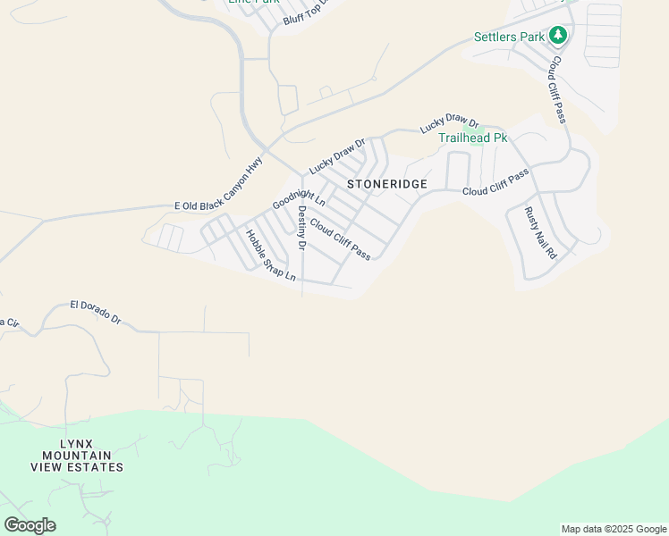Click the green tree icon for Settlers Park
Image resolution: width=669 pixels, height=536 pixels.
(x=559, y=35)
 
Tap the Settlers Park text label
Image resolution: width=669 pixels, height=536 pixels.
(x=509, y=38)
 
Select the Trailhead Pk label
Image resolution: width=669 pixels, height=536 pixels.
(x=472, y=138)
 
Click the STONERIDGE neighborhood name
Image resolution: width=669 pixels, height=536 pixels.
(x=387, y=184)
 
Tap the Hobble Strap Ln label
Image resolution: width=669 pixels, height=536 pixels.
(x=270, y=256)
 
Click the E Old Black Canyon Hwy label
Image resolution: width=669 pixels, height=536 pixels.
(x=219, y=186)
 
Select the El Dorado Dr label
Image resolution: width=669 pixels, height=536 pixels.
(x=96, y=311)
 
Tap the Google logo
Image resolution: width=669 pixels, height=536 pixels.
(x=30, y=525)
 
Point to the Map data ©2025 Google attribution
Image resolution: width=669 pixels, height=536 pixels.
(x=614, y=529)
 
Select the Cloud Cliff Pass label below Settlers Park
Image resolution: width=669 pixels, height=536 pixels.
(x=559, y=89)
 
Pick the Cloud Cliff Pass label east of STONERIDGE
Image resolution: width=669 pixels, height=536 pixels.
(x=495, y=182)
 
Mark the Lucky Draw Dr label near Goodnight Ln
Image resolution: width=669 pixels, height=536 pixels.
(x=337, y=155)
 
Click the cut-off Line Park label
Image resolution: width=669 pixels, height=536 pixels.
(x=254, y=2)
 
